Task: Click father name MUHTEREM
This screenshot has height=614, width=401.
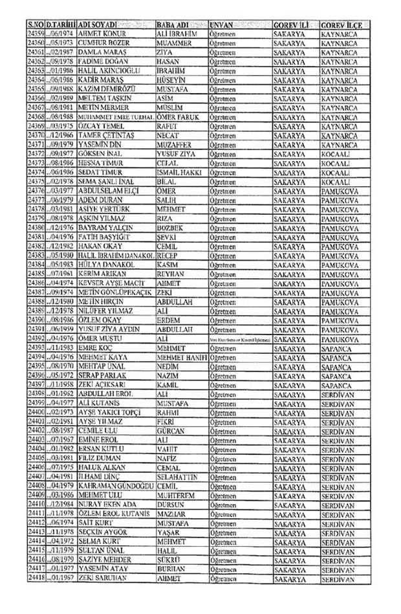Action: point(177,495)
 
